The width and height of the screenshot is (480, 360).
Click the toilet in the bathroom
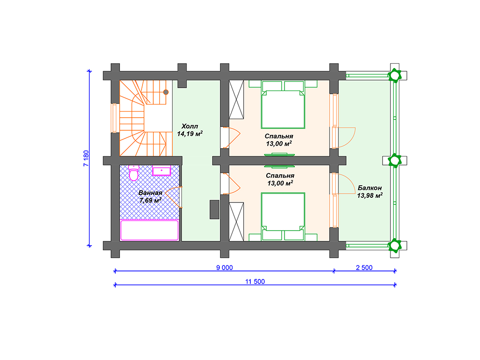click(x=134, y=172)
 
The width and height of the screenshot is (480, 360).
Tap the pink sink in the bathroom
click(x=161, y=171)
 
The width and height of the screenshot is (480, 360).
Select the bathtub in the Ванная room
click(x=150, y=230)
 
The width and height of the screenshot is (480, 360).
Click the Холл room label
click(x=190, y=126)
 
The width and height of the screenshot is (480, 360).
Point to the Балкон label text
click(x=369, y=187)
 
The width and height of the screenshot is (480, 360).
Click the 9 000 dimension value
click(x=225, y=268)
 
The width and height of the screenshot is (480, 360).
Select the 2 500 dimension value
click(x=364, y=268)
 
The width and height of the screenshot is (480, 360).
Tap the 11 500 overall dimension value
click(x=255, y=282)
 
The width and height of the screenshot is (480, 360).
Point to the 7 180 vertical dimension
click(x=86, y=158)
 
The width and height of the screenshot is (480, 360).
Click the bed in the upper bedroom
click(x=283, y=105)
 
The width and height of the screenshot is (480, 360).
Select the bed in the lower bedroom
click(x=283, y=217)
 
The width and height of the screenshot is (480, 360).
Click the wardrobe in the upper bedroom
click(x=236, y=99)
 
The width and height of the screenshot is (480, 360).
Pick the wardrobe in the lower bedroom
click(x=236, y=222)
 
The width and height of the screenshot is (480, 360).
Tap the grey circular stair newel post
click(x=165, y=92)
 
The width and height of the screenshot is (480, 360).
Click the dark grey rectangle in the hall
click(x=214, y=210)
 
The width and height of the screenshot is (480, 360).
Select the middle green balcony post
click(x=395, y=160)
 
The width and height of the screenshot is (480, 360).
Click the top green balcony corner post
click(x=395, y=75)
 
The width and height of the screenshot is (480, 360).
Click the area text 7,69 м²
click(x=150, y=201)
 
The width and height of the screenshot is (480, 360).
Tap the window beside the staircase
click(x=114, y=118)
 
